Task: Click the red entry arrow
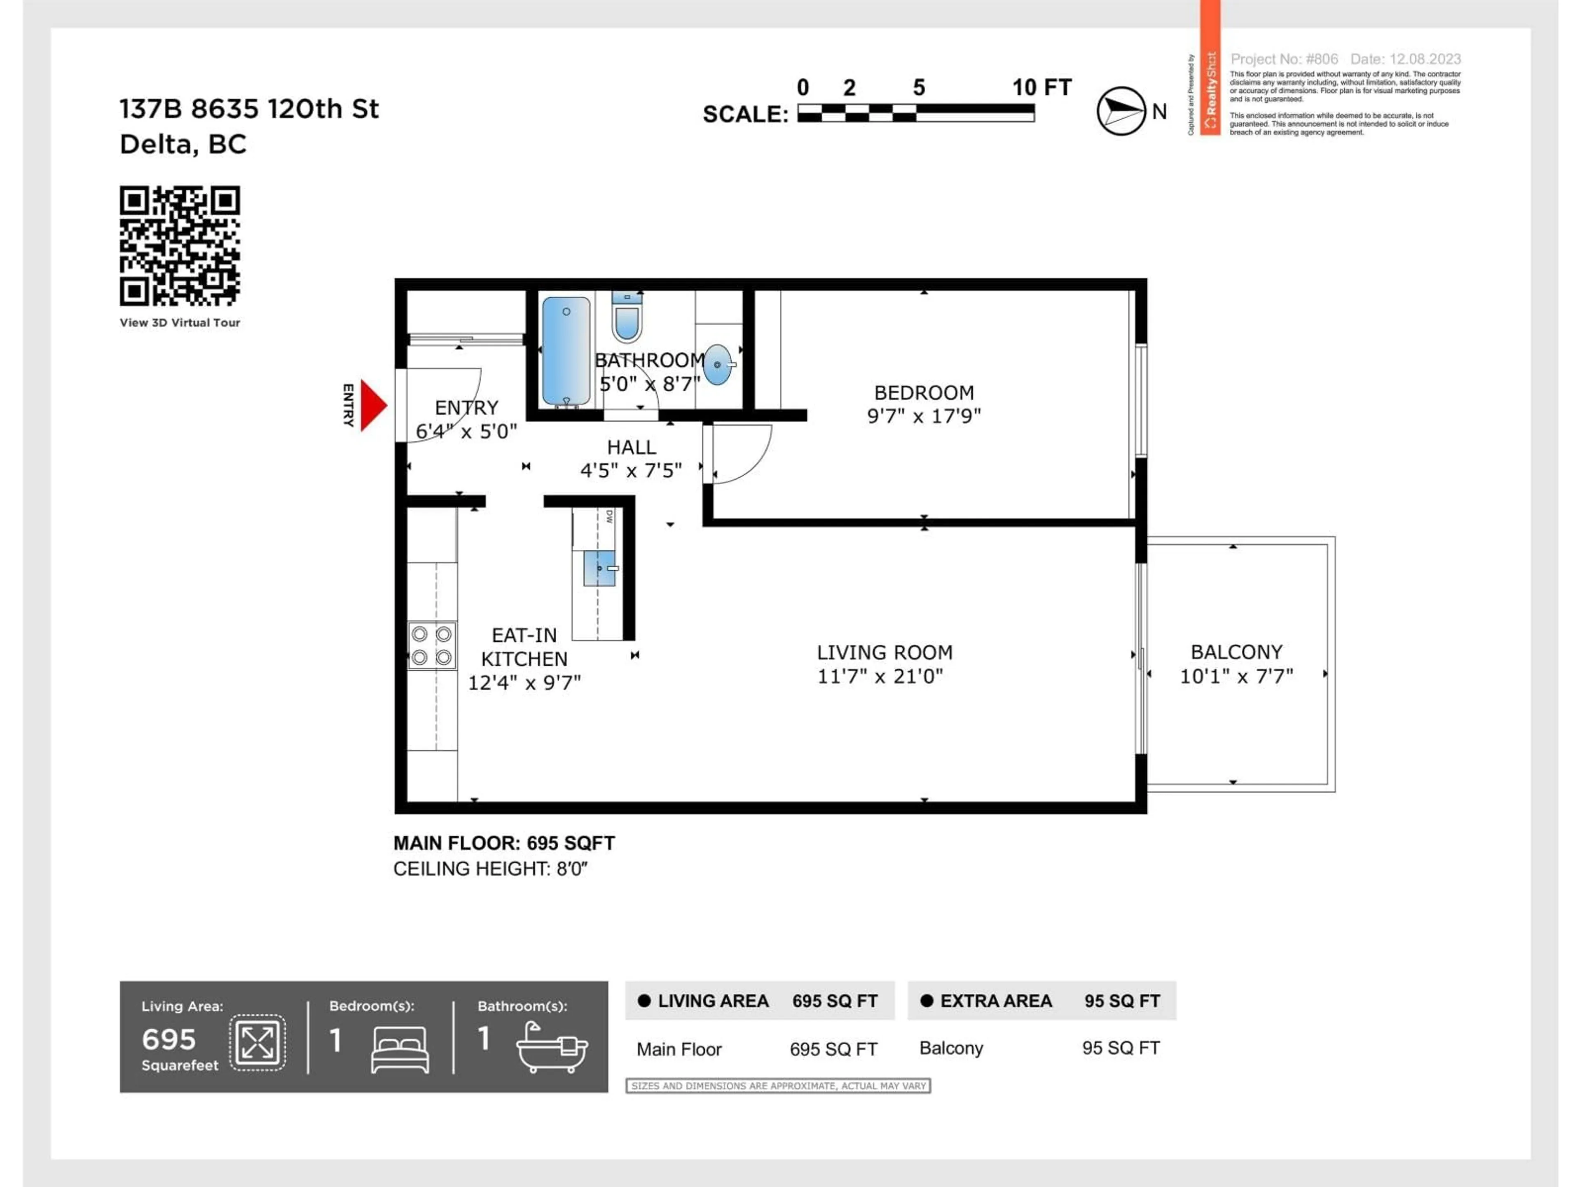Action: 372,405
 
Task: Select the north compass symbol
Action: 1121,111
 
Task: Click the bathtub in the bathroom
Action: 566,351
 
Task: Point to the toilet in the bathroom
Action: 627,317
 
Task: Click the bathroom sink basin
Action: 717,365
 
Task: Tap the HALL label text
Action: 631,447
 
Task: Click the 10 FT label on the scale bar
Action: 1041,87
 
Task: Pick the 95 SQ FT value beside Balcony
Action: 1120,1048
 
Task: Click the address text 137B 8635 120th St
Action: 249,109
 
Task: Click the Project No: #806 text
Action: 1284,59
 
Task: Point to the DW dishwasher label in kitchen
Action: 609,516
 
